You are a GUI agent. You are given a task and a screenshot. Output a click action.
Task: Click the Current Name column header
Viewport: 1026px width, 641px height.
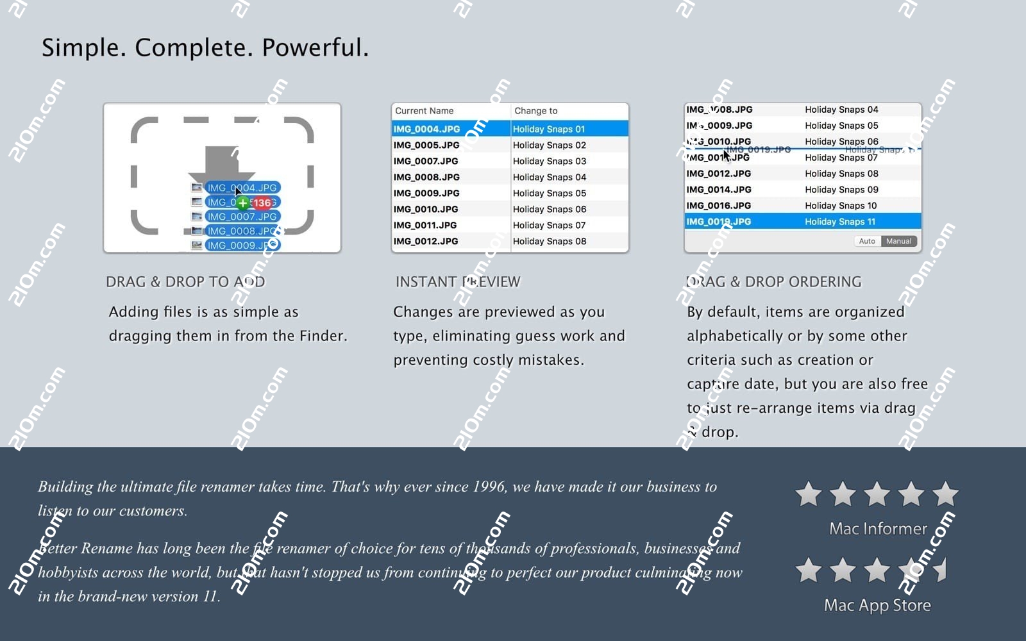424,111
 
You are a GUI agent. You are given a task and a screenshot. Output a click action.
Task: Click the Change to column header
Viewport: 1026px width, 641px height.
536,111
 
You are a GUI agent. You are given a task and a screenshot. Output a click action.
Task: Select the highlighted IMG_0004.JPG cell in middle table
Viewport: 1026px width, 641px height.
426,129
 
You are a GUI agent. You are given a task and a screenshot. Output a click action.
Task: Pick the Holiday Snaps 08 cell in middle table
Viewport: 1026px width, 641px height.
550,242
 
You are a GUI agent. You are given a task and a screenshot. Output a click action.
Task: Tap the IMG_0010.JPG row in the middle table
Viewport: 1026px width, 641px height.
426,210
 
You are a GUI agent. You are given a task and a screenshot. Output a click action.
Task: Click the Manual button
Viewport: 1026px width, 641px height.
898,242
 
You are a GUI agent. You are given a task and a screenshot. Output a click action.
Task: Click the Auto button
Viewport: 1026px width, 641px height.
867,242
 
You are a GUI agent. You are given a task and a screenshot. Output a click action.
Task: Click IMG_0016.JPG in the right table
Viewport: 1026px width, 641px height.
718,206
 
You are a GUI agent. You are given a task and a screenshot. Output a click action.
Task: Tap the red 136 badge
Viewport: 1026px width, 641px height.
262,203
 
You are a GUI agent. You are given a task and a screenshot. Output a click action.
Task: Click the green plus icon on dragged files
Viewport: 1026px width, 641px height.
243,203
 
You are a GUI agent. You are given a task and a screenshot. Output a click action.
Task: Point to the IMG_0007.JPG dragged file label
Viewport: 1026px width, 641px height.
242,217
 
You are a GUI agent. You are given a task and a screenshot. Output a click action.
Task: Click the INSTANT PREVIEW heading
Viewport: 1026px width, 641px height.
458,282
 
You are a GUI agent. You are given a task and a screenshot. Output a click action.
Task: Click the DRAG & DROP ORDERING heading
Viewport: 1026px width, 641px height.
773,282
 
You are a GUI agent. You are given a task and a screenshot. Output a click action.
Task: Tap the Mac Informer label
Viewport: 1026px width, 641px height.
878,529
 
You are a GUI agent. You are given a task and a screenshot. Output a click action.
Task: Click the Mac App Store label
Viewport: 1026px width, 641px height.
877,605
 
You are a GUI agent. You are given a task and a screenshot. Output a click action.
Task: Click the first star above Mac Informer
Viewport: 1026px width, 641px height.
808,494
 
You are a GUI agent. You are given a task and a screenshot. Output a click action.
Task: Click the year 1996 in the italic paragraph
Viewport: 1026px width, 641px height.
489,487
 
